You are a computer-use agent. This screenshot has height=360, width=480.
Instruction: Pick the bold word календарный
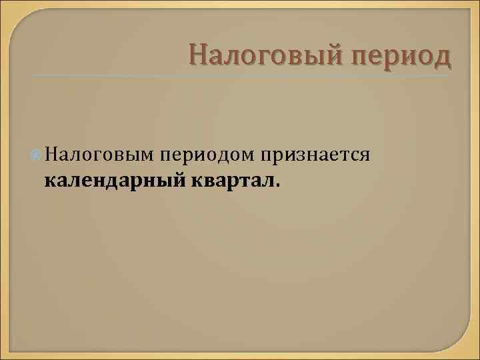[x=116, y=180]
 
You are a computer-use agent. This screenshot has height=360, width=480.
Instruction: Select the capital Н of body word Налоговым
[x=52, y=155]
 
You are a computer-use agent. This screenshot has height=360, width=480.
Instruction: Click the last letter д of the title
[x=442, y=57]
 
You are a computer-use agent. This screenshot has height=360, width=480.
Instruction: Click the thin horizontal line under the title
[x=240, y=75]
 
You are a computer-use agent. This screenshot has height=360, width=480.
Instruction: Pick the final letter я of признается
[x=365, y=157]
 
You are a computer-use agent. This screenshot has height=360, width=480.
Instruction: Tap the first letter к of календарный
[x=50, y=181]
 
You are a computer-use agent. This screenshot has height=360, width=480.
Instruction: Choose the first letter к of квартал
[x=197, y=181]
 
